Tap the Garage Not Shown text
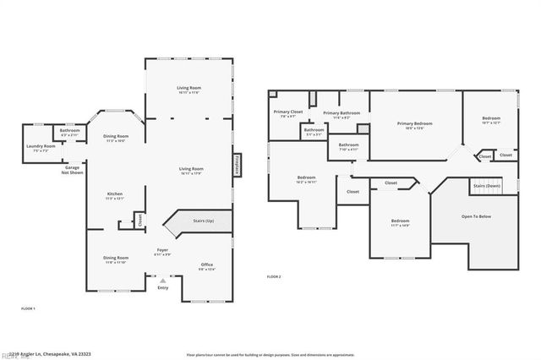[x=73, y=169]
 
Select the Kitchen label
[x=115, y=196]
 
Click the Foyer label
[x=162, y=252]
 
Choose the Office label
[x=207, y=266]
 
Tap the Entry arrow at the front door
[x=163, y=281]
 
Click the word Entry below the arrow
[x=163, y=288]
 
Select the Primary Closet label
[x=287, y=113]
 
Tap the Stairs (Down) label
[x=487, y=184]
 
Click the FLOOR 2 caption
[x=274, y=277]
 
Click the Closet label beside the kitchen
[x=140, y=220]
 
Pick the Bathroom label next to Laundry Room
[x=70, y=132]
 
